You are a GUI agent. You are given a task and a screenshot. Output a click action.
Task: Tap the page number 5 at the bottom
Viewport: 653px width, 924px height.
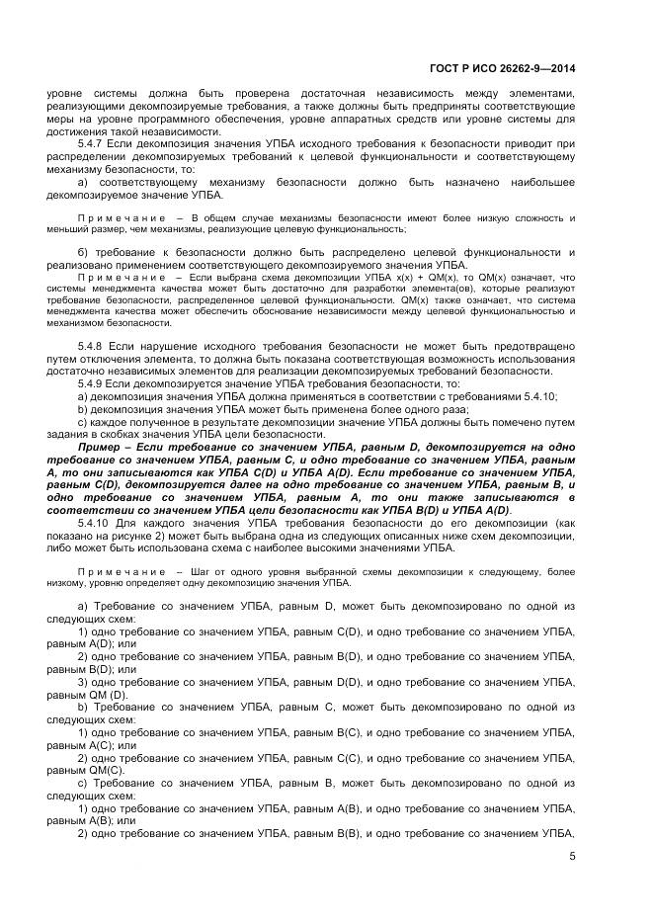click(571, 857)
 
